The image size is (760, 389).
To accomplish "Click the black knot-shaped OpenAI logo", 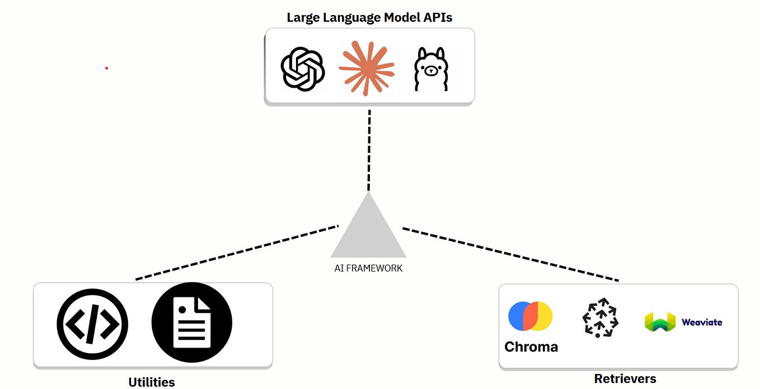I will tap(303, 69).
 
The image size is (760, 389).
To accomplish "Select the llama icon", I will tap(431, 69).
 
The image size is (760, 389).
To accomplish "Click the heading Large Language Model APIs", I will tap(369, 17).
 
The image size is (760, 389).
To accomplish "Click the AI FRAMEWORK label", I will tap(368, 268).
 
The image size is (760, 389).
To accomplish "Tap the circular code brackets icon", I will tap(92, 323).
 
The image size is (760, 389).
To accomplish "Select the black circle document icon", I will tap(191, 322).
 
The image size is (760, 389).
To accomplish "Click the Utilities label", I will tap(152, 382).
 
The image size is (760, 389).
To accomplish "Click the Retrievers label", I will tap(625, 379).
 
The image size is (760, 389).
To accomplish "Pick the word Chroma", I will tap(531, 347).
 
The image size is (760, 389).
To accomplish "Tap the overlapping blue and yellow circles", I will tap(530, 316).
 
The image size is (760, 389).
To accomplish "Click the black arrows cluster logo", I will tap(600, 318).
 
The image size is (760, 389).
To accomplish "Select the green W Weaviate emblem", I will tap(660, 322).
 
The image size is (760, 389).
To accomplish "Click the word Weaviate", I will tap(702, 322).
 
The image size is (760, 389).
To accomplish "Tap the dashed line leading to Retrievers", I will tap(510, 254).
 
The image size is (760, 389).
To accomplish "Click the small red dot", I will tap(106, 68).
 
